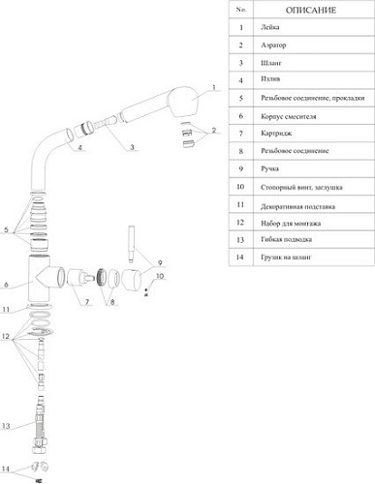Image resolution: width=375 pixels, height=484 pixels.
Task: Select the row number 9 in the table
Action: (239, 169)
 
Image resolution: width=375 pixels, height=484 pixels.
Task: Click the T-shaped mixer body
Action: (43, 282)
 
